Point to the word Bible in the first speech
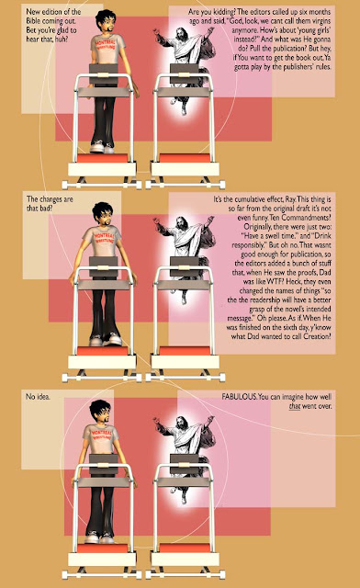[33, 21]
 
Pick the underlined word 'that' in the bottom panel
[295, 406]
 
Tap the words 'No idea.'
[38, 396]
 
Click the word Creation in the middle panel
[316, 336]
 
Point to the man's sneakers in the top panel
[102, 147]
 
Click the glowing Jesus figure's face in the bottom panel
[182, 423]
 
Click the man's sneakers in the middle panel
[106, 340]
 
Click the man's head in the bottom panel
[100, 412]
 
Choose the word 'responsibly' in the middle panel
[250, 245]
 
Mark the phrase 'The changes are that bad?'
[50, 204]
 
